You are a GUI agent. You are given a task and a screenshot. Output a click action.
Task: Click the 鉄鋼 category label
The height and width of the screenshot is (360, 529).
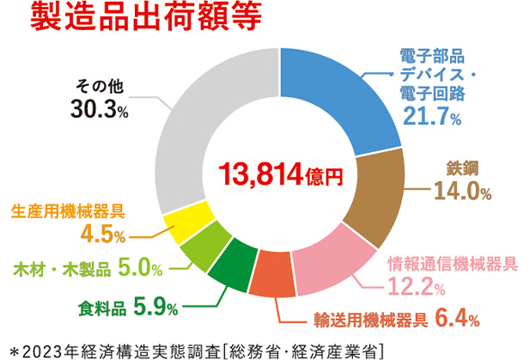465,166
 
